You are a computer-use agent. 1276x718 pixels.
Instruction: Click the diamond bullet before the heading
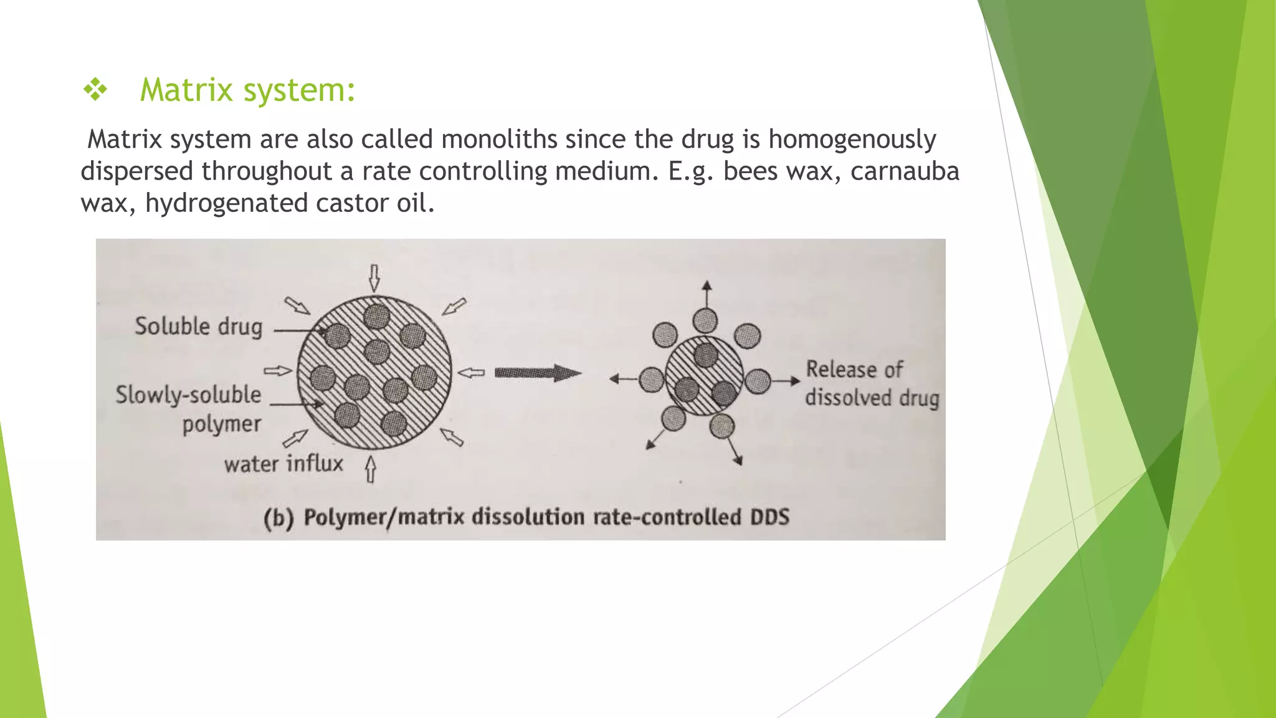click(x=95, y=90)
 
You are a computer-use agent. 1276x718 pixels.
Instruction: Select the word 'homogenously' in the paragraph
click(x=852, y=139)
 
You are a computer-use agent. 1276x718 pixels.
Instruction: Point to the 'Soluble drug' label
click(x=199, y=327)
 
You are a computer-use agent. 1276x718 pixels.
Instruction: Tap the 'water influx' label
click(x=283, y=464)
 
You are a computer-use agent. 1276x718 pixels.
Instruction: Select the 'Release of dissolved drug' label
click(x=871, y=383)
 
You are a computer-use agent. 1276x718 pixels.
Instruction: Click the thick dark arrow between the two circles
click(x=537, y=373)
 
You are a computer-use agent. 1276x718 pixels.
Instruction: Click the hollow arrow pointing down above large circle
click(x=374, y=277)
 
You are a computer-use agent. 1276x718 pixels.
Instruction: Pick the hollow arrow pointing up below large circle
click(x=371, y=469)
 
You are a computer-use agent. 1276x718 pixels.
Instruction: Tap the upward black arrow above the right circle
click(x=706, y=293)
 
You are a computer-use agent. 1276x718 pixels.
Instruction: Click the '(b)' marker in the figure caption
click(x=278, y=518)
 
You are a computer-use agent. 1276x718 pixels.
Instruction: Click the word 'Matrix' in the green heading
click(x=186, y=90)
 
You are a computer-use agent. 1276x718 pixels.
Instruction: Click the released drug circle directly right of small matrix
click(x=758, y=381)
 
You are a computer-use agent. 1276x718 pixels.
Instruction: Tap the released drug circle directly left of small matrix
click(x=652, y=380)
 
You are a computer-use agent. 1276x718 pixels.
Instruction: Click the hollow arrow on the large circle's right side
click(x=471, y=373)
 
